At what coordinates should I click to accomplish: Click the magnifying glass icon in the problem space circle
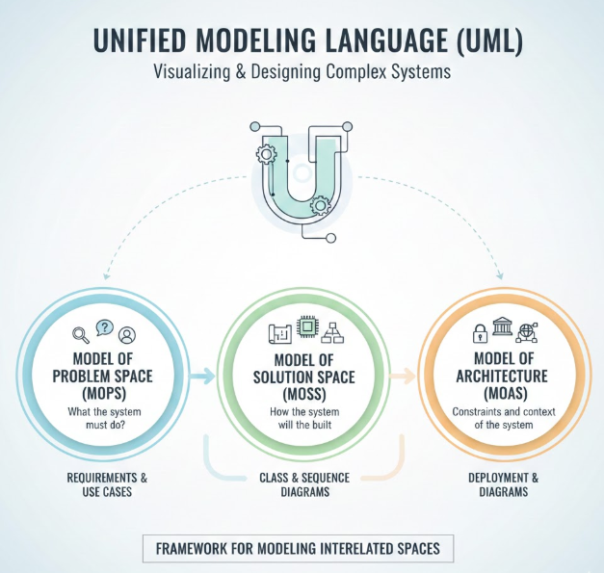(x=80, y=335)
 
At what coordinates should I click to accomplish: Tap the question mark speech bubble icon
(x=104, y=330)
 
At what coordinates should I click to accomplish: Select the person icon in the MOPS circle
(x=127, y=335)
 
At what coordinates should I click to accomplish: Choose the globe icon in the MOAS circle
(x=526, y=334)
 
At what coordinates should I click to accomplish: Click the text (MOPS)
(x=102, y=395)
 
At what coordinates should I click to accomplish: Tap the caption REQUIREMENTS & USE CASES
(x=103, y=484)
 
